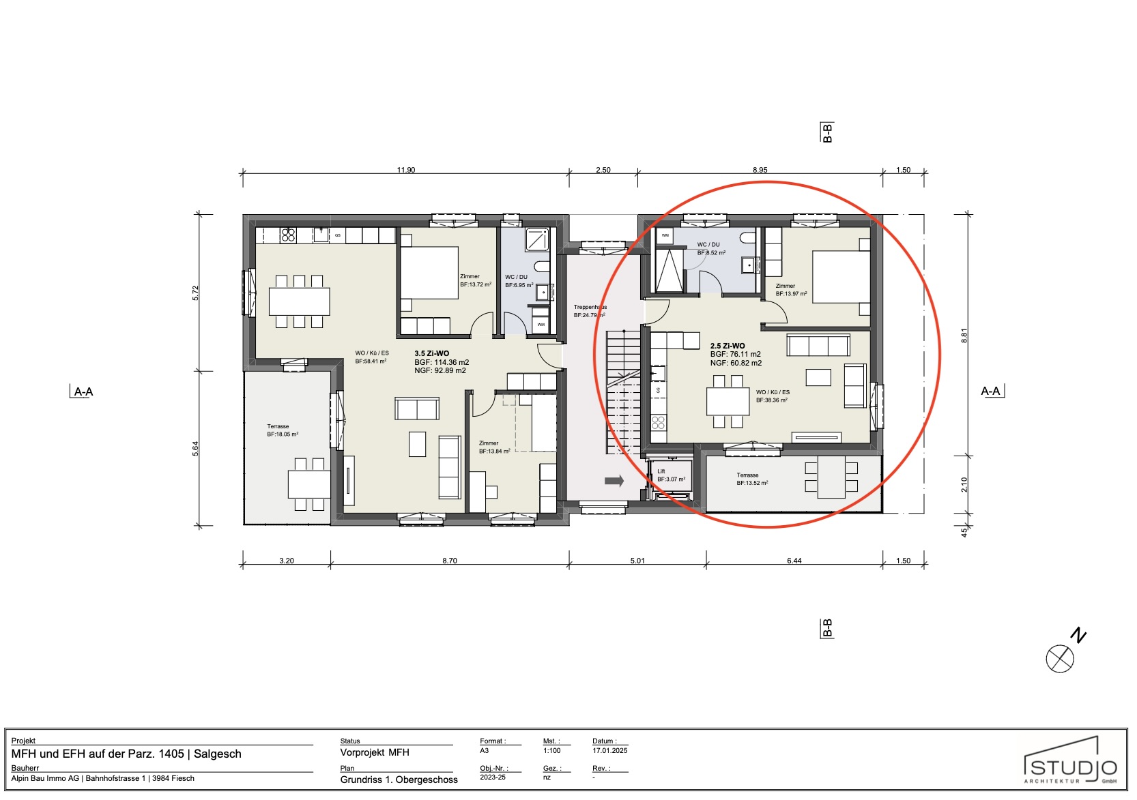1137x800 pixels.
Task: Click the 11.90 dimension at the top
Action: [406, 170]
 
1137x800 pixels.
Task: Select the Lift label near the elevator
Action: [661, 471]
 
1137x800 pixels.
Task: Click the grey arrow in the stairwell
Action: [614, 481]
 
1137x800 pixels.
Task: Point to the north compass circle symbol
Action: [1060, 659]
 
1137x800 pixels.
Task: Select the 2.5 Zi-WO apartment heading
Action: [728, 346]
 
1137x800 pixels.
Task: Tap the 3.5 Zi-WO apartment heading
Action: [432, 353]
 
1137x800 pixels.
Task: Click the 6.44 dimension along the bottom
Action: [794, 561]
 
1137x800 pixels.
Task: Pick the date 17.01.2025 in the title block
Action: [610, 750]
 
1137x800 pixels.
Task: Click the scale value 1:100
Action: [551, 750]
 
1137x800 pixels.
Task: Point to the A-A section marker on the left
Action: [83, 391]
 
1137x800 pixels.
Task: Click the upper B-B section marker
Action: [827, 132]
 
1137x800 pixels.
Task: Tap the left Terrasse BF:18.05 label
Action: [282, 430]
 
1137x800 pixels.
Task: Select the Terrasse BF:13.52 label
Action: [752, 479]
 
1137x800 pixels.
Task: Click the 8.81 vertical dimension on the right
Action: [964, 336]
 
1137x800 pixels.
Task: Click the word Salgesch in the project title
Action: [218, 754]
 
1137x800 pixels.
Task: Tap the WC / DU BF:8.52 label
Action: [710, 248]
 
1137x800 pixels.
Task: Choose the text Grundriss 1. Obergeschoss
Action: [399, 780]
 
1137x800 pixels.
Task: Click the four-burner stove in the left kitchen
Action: [289, 235]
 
